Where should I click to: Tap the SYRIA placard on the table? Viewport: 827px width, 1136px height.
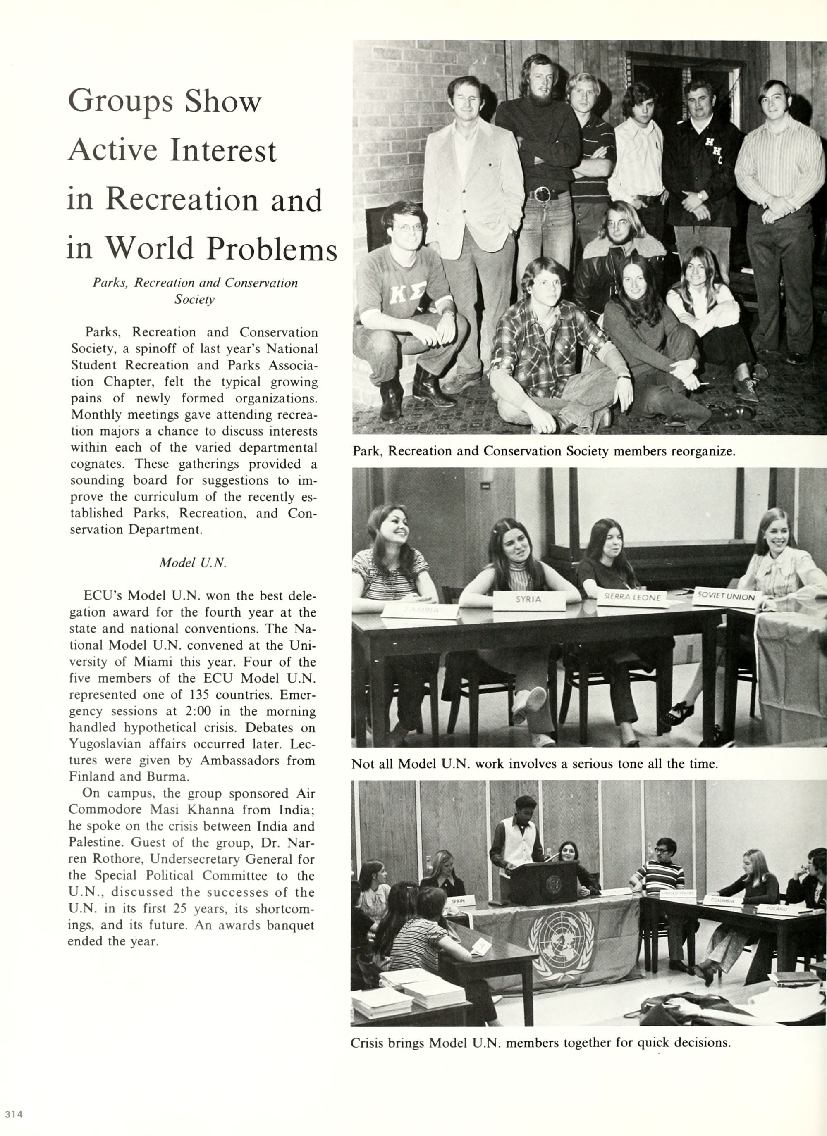click(x=528, y=599)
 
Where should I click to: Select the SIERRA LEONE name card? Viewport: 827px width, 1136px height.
click(x=633, y=597)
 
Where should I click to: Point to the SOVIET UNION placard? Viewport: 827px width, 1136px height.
click(x=726, y=597)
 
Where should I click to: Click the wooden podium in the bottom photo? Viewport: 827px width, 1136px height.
click(x=544, y=883)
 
